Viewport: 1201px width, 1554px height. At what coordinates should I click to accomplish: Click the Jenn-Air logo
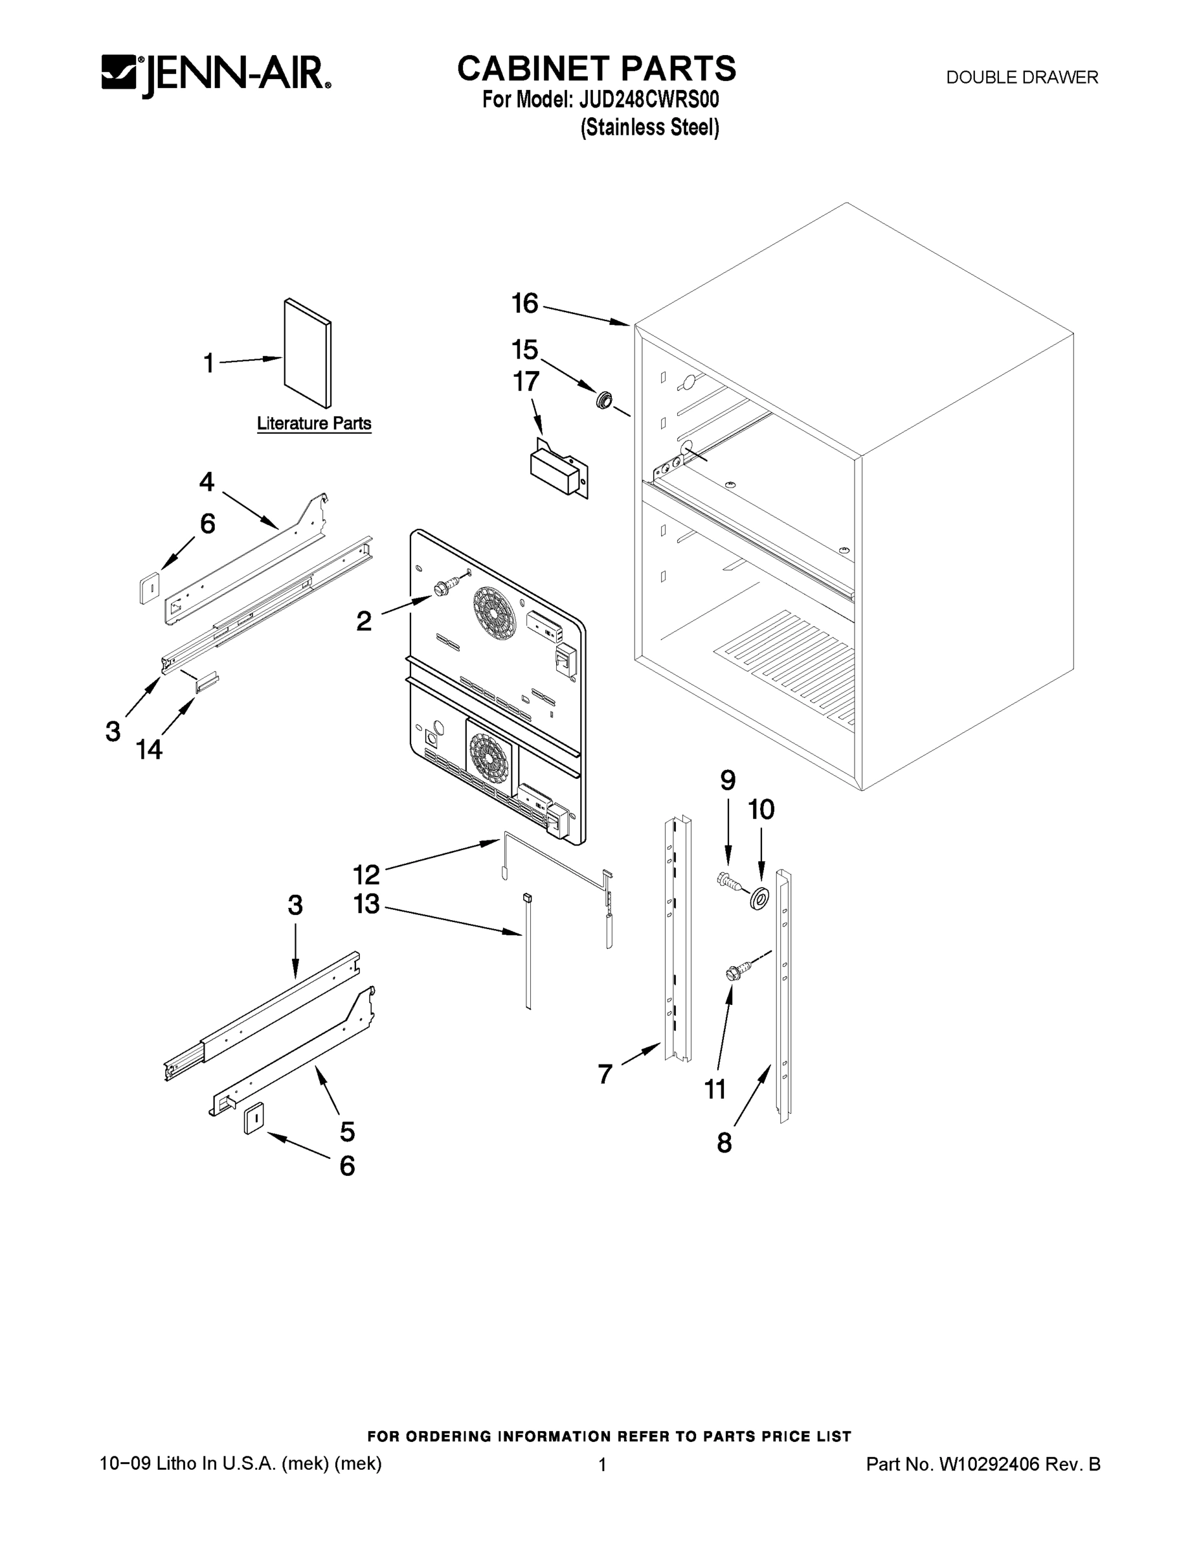tap(216, 74)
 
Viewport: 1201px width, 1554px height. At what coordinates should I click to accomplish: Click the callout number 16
tap(525, 304)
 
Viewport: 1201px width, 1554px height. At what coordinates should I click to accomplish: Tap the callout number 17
tap(526, 382)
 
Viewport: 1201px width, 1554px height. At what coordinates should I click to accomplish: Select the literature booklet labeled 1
tap(308, 354)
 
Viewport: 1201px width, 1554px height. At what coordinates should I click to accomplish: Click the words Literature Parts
tap(314, 423)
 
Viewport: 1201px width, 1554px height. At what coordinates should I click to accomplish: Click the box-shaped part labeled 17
tap(558, 470)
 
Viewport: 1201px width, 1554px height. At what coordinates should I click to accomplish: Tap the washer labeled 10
tap(759, 899)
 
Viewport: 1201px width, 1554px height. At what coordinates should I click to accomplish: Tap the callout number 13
tap(366, 905)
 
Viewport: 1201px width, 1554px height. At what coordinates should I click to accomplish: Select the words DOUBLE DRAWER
tap(1022, 78)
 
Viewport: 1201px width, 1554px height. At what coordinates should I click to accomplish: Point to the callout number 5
tap(347, 1131)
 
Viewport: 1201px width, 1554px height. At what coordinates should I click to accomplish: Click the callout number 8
tap(724, 1143)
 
